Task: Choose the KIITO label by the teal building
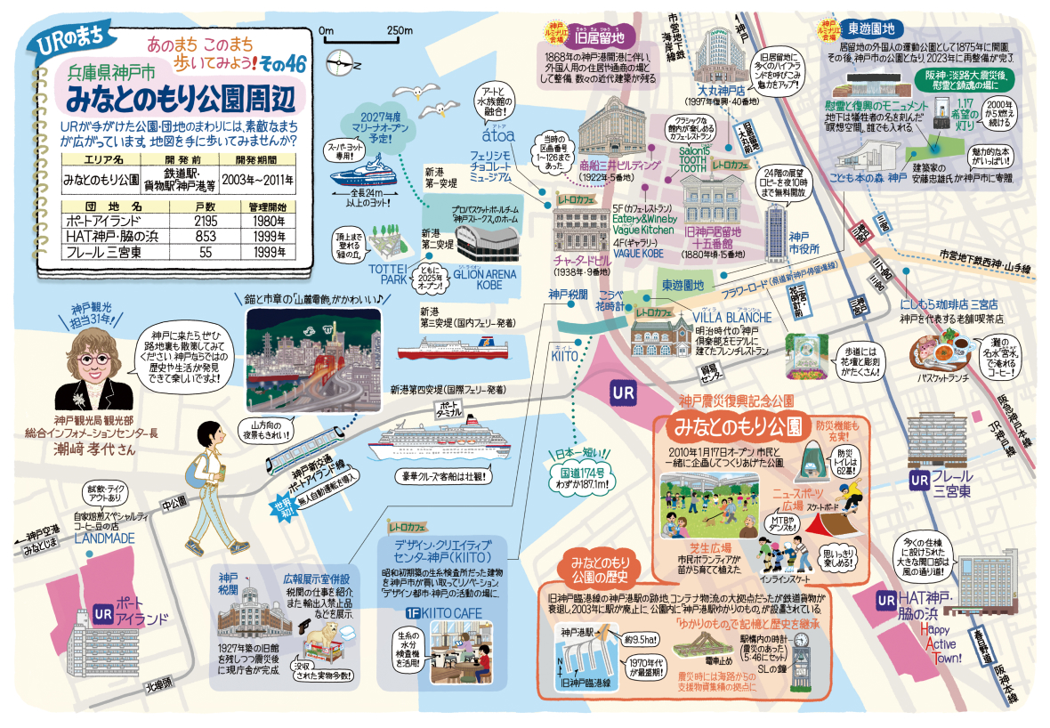(566, 354)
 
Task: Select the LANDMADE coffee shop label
(104, 538)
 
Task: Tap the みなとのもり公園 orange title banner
(737, 424)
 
